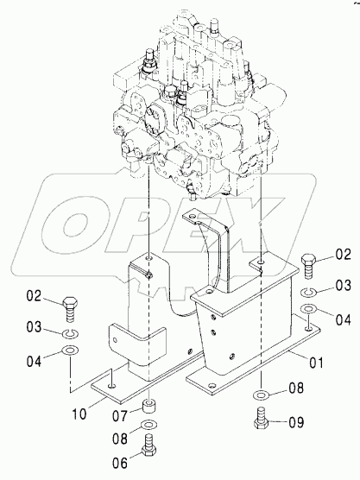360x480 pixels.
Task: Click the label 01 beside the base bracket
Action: click(316, 363)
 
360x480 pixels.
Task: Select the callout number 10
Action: click(79, 414)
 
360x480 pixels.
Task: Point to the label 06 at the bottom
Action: click(120, 463)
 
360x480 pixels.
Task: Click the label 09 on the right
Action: click(296, 422)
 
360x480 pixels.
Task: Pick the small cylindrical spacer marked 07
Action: click(149, 407)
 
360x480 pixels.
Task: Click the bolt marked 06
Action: click(149, 443)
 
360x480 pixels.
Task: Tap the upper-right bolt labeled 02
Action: click(308, 266)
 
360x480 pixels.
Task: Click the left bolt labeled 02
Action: click(70, 308)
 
